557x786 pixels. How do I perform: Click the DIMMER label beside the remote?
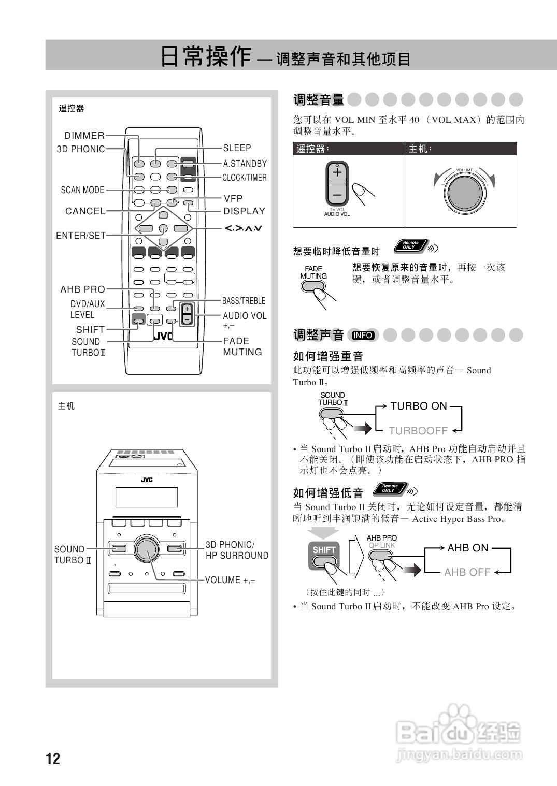pos(84,136)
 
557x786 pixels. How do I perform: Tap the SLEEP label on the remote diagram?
pos(237,148)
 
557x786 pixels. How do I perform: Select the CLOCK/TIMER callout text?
pos(245,178)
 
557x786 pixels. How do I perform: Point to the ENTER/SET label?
pos(81,236)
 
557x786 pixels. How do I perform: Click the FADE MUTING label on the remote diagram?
pos(242,346)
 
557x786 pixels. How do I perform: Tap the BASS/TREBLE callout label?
pos(244,301)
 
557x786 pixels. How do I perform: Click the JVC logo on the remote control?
pos(163,336)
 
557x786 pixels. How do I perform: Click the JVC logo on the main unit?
pos(147,479)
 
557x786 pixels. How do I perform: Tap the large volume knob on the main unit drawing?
pos(147,548)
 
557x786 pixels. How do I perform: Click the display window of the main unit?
pos(147,497)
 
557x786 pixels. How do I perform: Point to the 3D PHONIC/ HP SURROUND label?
pos(237,550)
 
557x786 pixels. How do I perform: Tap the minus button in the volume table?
pos(337,195)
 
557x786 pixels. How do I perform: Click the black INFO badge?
pos(363,335)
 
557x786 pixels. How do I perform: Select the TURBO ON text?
pos(419,406)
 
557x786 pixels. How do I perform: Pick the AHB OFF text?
pos(467,572)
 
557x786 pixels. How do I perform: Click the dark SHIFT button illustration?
pos(324,550)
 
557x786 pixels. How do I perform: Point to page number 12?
pos(53,759)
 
